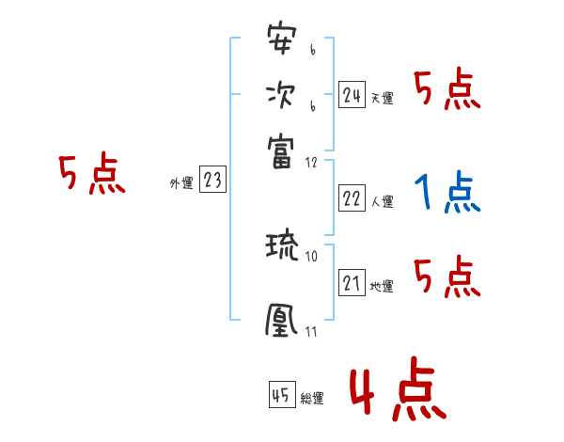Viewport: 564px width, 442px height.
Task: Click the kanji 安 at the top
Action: [280, 41]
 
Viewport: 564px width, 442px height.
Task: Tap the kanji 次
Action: [280, 95]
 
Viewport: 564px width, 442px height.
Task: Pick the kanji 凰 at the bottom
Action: [280, 321]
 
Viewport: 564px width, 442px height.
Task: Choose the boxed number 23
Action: [212, 182]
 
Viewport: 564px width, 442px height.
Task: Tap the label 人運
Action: [382, 201]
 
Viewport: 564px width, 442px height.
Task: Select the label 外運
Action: [181, 184]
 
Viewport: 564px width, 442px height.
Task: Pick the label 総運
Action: [312, 399]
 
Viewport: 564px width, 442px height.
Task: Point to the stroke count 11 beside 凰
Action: [312, 331]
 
